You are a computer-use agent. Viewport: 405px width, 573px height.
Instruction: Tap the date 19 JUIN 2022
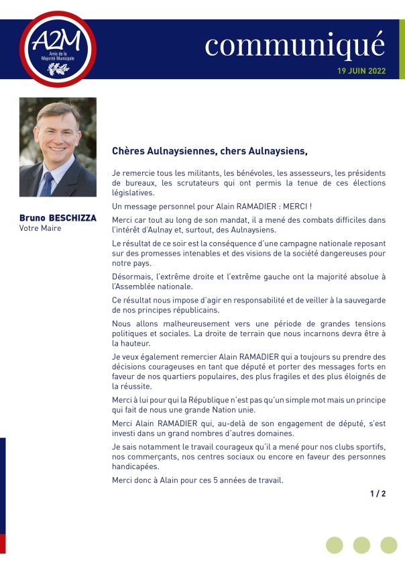[x=361, y=71]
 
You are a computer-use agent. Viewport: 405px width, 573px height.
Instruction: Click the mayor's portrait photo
[x=58, y=147]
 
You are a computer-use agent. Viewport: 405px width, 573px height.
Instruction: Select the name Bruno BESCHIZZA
[x=58, y=218]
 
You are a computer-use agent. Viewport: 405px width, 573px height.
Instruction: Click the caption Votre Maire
[x=40, y=228]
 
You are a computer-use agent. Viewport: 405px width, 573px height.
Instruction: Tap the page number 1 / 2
[x=378, y=494]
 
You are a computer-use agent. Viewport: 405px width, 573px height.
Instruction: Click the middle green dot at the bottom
[x=361, y=545]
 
